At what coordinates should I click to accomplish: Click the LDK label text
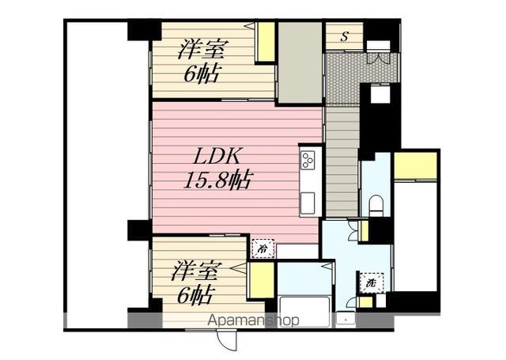point(217,157)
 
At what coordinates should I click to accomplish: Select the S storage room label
point(345,36)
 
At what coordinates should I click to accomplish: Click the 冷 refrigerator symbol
point(263,248)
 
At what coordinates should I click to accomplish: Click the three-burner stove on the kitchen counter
point(308,160)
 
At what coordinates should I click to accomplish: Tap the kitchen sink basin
point(308,203)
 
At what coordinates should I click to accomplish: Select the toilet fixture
point(376,207)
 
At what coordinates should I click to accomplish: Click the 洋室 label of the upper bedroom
point(202,49)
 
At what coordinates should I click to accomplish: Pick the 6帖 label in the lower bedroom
point(196,294)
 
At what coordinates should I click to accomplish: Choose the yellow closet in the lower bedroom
point(262,281)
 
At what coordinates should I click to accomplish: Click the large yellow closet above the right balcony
point(415,165)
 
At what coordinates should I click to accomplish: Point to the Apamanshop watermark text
point(253,320)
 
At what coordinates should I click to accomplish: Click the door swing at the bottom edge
point(227,341)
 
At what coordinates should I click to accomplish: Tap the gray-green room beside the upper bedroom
point(300,63)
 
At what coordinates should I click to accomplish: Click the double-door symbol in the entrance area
point(379,59)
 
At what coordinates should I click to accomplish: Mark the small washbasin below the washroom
point(346,318)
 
